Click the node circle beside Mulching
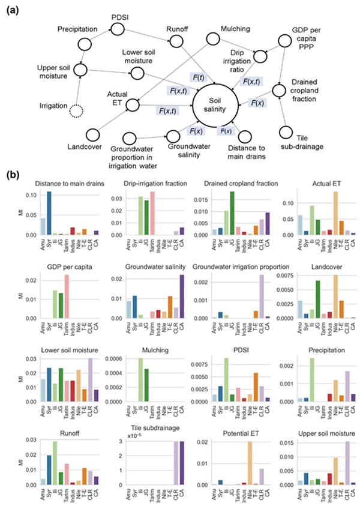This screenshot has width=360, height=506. [214, 38]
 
